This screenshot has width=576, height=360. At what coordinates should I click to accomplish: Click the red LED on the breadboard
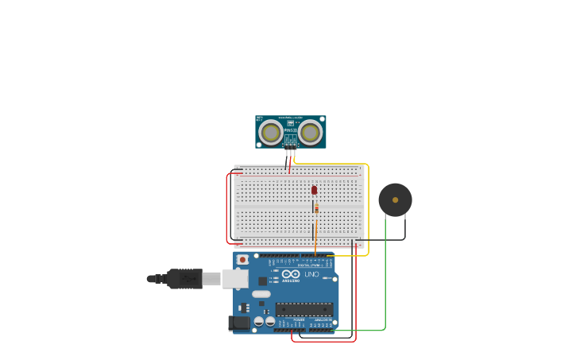(314, 190)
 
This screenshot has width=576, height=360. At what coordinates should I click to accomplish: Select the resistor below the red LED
(316, 208)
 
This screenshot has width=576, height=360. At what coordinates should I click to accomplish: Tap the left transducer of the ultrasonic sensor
(271, 132)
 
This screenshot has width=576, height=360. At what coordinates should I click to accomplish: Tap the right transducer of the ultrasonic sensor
(311, 132)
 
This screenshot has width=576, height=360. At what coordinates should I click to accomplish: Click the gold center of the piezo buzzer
(395, 200)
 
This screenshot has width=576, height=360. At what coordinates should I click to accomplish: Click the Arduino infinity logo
(291, 274)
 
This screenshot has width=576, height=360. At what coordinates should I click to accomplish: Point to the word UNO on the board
(311, 274)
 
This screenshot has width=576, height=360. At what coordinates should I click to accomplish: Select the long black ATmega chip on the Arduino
(303, 309)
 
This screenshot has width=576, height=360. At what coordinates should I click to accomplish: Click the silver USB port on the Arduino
(235, 278)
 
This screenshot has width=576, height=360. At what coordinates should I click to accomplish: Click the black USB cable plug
(184, 279)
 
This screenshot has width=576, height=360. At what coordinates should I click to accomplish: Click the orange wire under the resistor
(315, 234)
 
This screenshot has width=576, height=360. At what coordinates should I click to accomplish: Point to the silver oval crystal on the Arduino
(261, 294)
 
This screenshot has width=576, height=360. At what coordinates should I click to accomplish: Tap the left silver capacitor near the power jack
(259, 322)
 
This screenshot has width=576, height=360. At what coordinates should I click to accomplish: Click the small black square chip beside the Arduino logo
(262, 281)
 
